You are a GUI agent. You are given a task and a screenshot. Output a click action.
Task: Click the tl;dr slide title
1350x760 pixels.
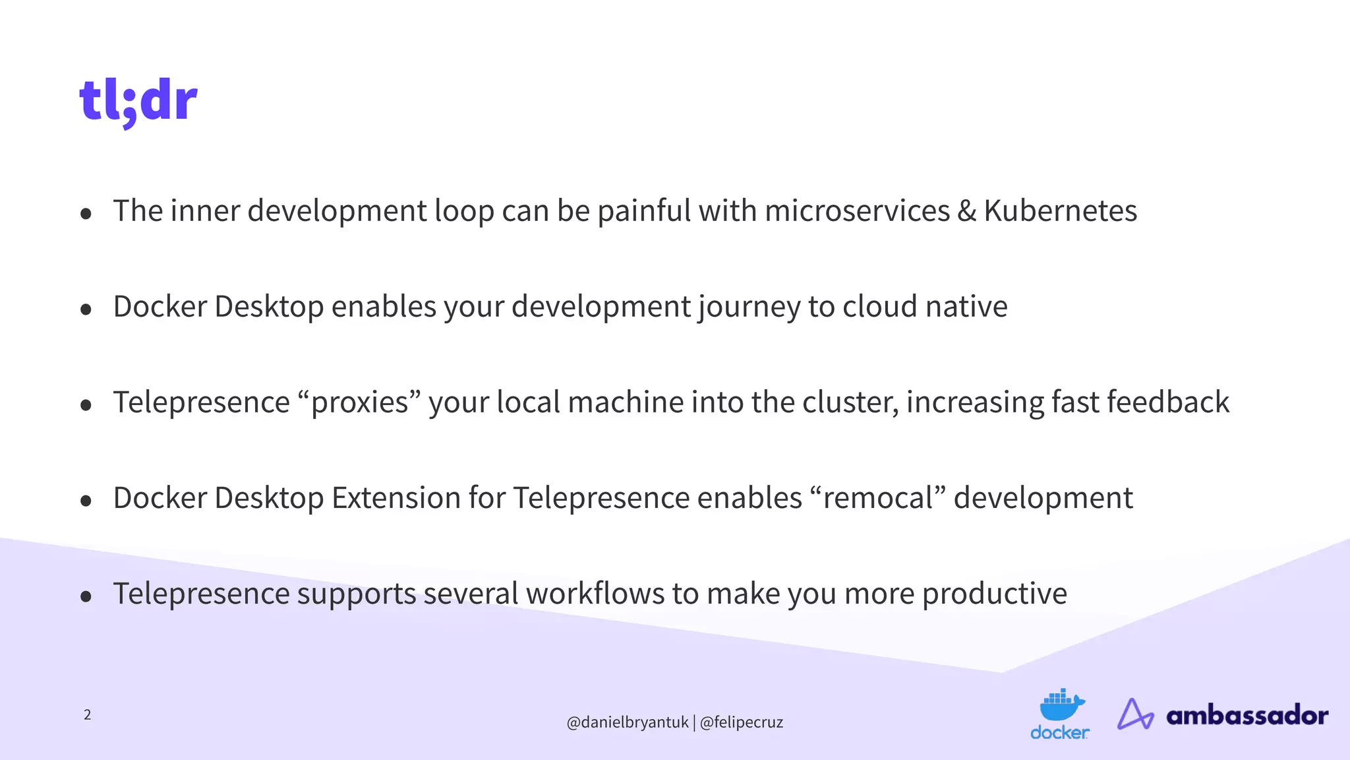click(x=138, y=101)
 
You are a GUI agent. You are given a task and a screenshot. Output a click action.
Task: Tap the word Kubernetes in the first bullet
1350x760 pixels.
click(x=1060, y=211)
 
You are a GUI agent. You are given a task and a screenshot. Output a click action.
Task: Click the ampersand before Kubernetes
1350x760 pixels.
click(x=966, y=211)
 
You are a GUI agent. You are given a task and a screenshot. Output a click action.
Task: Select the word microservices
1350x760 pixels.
click(x=857, y=211)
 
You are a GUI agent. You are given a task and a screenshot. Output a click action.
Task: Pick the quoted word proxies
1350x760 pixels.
click(x=359, y=402)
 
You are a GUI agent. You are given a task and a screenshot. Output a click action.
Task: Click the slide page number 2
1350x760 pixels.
click(x=87, y=714)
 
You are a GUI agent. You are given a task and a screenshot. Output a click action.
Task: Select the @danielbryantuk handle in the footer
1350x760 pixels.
click(x=627, y=722)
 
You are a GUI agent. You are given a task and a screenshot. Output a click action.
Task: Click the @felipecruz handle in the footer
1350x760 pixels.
click(x=741, y=722)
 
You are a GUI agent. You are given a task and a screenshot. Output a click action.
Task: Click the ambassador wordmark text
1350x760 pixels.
click(x=1247, y=715)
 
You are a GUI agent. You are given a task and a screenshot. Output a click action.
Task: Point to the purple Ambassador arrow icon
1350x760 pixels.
click(x=1134, y=714)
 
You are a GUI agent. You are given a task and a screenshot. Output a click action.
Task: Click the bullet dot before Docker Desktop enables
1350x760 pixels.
click(x=86, y=309)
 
